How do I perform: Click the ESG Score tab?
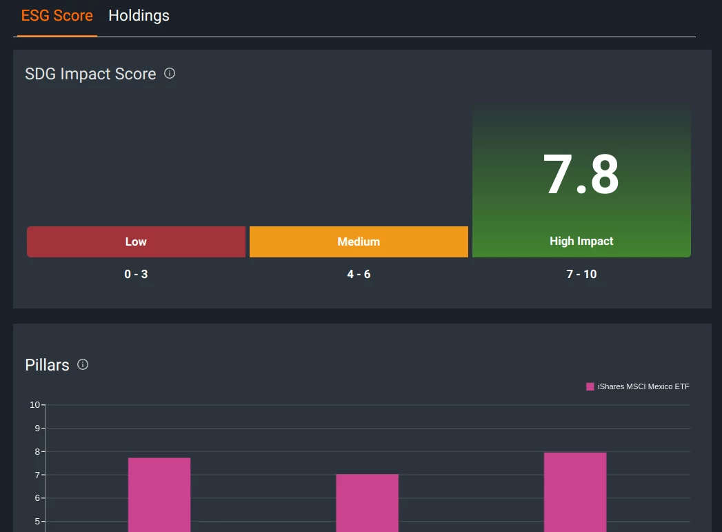pos(57,16)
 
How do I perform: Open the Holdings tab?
pos(139,16)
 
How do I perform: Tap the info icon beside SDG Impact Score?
pos(170,73)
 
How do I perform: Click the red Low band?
pos(136,242)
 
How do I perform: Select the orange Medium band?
pos(359,242)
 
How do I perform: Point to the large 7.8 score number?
pos(581,175)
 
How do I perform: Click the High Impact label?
pos(581,241)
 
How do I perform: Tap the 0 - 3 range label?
pos(136,274)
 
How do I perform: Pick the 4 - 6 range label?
pos(359,274)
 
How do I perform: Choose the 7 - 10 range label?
pos(581,274)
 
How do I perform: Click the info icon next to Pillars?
pos(83,364)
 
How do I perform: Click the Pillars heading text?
pos(47,365)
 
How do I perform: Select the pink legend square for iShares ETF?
pos(590,386)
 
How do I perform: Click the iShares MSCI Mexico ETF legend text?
pos(643,386)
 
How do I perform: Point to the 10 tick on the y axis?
pos(34,404)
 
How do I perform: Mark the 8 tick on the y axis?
pos(37,451)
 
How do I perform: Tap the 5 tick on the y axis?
pos(37,521)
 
